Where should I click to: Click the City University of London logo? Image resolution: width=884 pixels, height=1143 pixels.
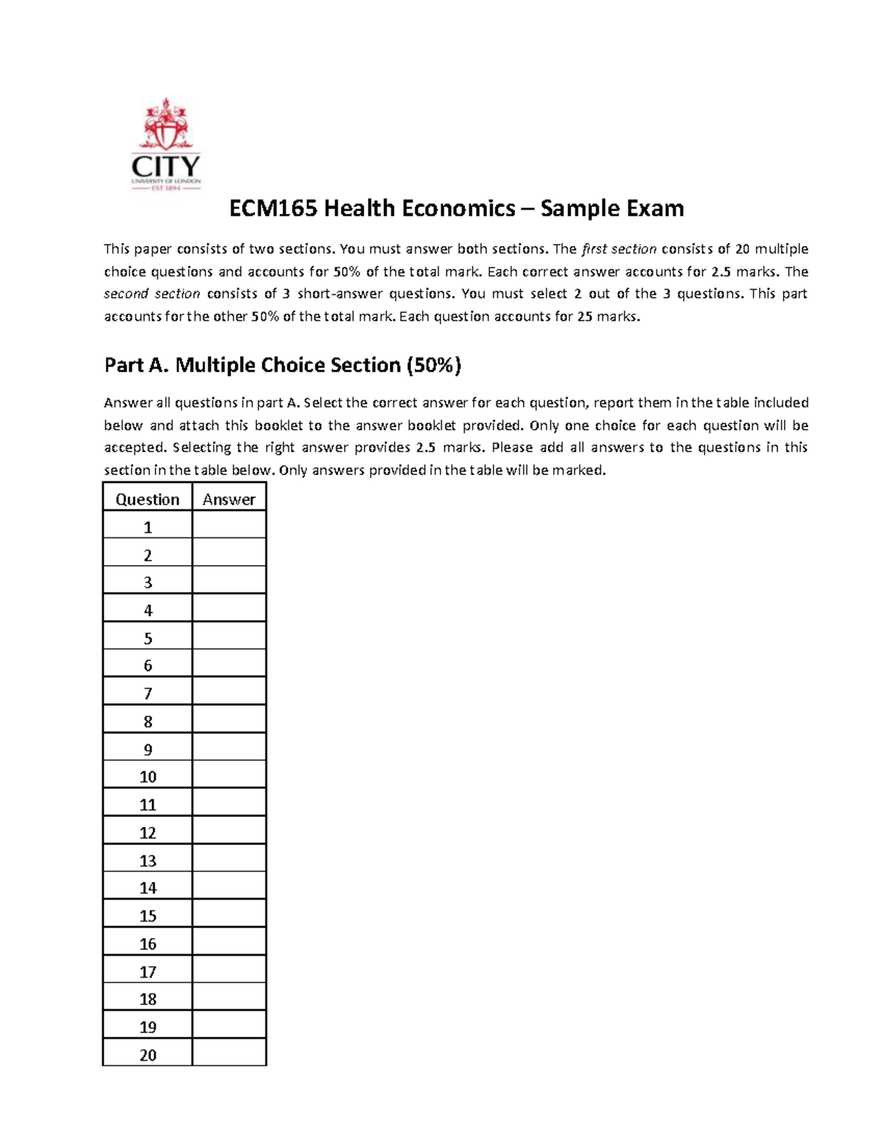(x=166, y=145)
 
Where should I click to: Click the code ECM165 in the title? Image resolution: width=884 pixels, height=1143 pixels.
(x=273, y=208)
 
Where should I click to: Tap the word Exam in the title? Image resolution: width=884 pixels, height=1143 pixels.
(x=655, y=208)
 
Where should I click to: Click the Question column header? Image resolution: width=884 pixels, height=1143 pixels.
(x=147, y=499)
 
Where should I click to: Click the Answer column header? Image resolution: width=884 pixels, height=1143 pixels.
(x=229, y=499)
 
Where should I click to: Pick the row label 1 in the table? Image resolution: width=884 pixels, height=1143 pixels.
(x=147, y=527)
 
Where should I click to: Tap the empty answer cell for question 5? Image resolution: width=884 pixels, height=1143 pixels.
(x=229, y=638)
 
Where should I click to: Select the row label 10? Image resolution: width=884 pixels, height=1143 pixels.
(x=147, y=776)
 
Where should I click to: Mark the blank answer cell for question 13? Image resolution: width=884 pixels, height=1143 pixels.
(x=229, y=860)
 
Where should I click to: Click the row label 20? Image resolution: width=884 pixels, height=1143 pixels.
(x=147, y=1055)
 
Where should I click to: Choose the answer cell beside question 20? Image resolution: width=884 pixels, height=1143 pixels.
(x=229, y=1055)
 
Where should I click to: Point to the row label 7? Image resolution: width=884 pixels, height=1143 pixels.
(x=147, y=693)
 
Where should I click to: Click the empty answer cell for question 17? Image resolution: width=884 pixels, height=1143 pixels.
(x=229, y=972)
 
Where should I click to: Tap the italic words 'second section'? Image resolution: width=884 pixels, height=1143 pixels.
(x=152, y=294)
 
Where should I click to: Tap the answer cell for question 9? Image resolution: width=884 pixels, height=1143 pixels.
(x=229, y=749)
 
